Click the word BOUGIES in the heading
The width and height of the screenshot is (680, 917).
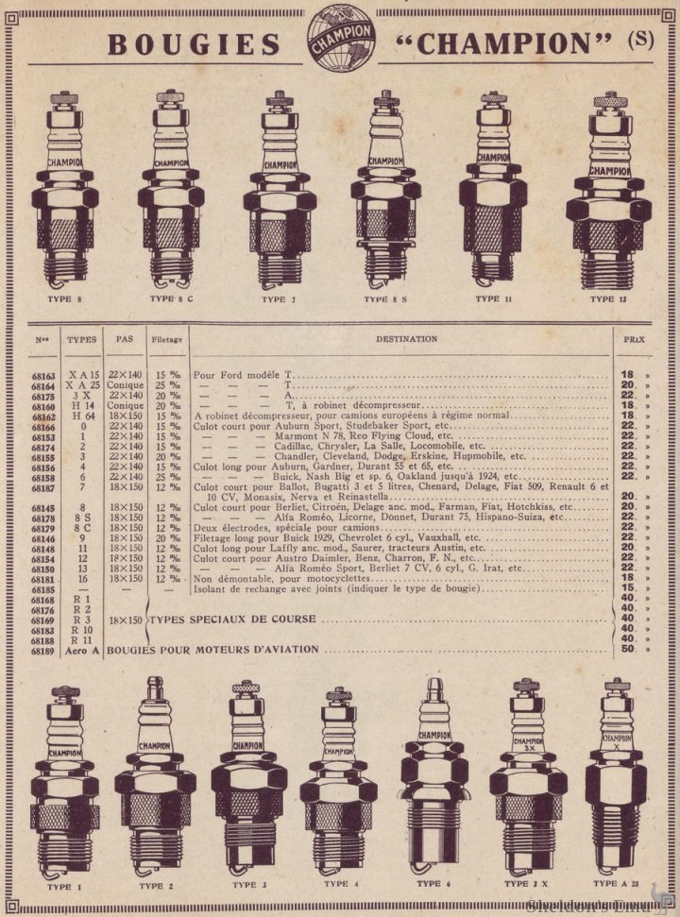194,44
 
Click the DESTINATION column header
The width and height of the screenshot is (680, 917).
406,338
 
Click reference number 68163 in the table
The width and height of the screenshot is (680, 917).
44,375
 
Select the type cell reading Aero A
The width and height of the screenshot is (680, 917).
83,650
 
